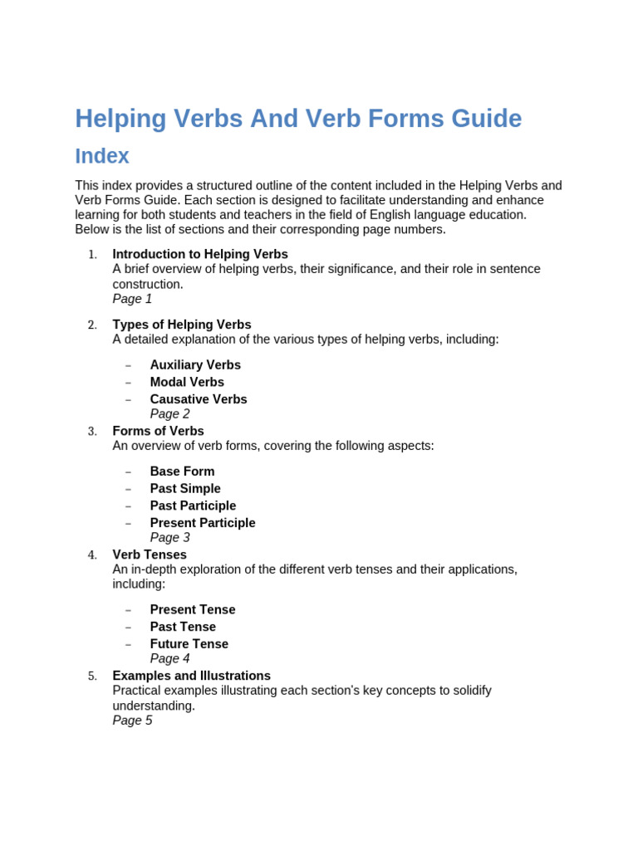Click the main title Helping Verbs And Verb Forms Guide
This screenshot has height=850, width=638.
pos(298,119)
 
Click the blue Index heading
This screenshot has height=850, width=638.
pos(102,156)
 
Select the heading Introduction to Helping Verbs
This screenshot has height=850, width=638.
pos(200,254)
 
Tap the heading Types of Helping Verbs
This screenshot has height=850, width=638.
pos(182,325)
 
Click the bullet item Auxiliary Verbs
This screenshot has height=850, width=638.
pos(195,364)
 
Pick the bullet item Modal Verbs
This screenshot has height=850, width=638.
pos(187,382)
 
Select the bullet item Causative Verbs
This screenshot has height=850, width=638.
pos(199,399)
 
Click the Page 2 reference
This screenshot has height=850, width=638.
pos(169,413)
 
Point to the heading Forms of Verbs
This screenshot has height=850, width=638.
pos(158,431)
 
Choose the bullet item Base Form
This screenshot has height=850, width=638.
pos(182,471)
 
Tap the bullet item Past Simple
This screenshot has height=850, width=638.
pos(185,489)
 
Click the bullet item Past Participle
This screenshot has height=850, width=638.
pos(193,506)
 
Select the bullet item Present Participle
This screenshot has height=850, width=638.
pos(203,523)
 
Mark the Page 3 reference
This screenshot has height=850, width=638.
pos(169,537)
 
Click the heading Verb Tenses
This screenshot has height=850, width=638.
pos(150,554)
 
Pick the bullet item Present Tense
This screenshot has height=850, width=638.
pos(193,609)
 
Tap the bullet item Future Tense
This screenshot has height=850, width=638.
pos(189,644)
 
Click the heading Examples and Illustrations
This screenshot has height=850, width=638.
pos(191,676)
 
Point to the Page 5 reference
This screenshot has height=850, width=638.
pos(132,721)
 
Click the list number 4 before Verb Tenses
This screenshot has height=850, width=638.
pos(92,555)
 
